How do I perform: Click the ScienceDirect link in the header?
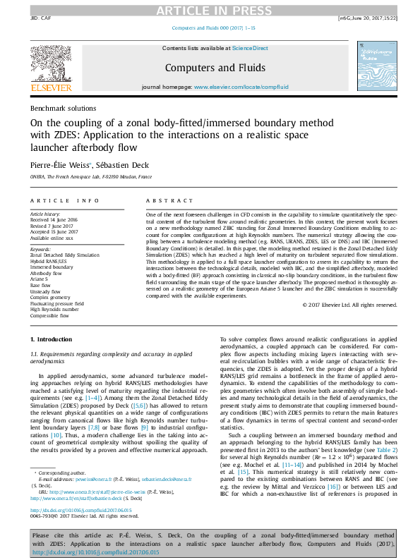pyautogui.click(x=251, y=48)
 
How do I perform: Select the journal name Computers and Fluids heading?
pyautogui.click(x=215, y=68)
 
